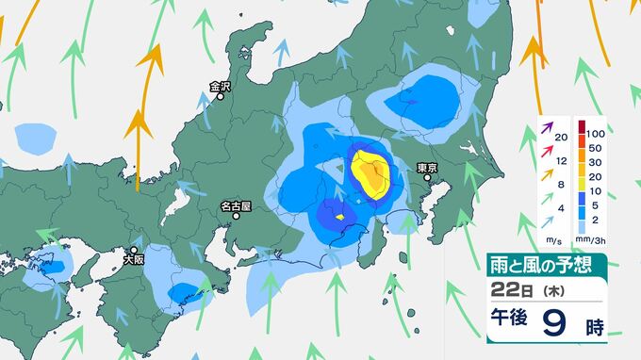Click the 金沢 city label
pyautogui.click(x=220, y=86)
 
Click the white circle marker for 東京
pyautogui.click(x=429, y=178)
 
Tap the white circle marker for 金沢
pyautogui.click(x=221, y=96)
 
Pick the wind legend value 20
pyautogui.click(x=561, y=139)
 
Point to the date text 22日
pyautogui.click(x=509, y=291)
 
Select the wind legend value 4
pyautogui.click(x=561, y=206)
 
